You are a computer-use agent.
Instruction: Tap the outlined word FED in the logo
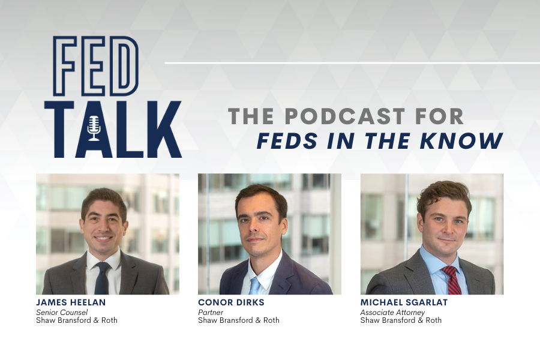(x=96, y=66)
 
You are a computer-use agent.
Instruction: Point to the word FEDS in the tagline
(x=289, y=141)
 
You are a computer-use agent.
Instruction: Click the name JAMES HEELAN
(x=71, y=302)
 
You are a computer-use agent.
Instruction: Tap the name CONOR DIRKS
(x=231, y=302)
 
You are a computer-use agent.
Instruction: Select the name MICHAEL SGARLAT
(x=404, y=302)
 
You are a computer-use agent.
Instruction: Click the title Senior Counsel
(x=62, y=313)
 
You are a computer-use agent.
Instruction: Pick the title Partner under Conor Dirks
(x=211, y=313)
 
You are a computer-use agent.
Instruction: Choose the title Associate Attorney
(x=392, y=313)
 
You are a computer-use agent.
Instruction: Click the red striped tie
(x=451, y=280)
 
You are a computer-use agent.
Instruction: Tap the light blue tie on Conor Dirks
(x=254, y=286)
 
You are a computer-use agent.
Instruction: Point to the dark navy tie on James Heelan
(x=102, y=278)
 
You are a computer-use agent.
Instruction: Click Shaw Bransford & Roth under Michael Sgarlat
(x=401, y=320)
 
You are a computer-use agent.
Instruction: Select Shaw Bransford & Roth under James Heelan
(x=77, y=320)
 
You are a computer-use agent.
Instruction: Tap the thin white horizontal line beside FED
(x=352, y=63)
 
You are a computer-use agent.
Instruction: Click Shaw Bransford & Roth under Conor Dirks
(x=239, y=320)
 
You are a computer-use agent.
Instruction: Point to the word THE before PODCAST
(x=251, y=116)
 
